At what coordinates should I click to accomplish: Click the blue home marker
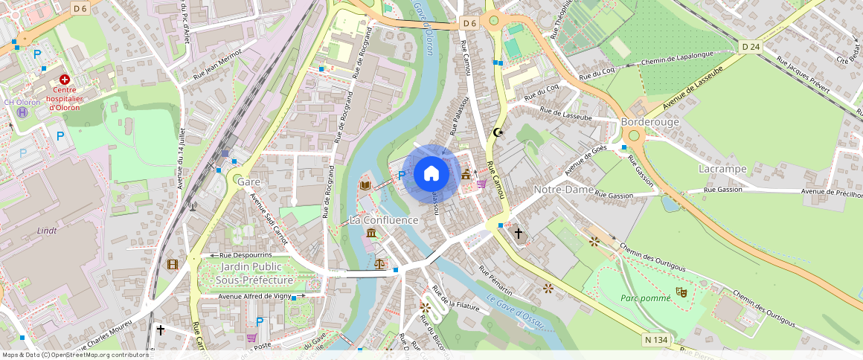(x=431, y=174)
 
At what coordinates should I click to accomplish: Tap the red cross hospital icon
(x=65, y=79)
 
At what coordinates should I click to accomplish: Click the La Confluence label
(x=384, y=220)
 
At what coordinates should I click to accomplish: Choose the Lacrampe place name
(x=722, y=169)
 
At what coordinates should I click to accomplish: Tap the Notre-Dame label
(x=564, y=190)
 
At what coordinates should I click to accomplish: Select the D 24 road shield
(x=751, y=46)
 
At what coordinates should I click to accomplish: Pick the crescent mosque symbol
(x=498, y=132)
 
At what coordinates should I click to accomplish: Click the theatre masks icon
(x=680, y=292)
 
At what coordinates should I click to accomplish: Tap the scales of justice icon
(x=380, y=263)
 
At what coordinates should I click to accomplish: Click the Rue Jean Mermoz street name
(x=219, y=65)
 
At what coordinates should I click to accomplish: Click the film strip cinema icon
(x=173, y=264)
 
